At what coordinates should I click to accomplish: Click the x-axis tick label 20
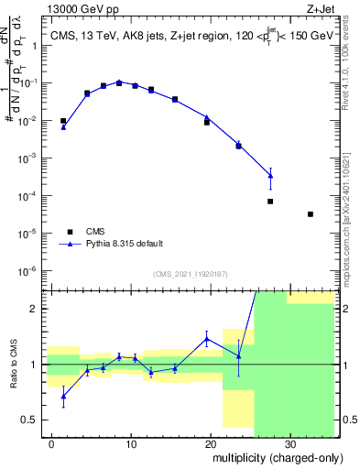(x=211, y=443)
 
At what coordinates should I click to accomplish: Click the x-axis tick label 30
(x=289, y=443)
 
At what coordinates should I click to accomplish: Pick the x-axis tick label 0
(x=52, y=443)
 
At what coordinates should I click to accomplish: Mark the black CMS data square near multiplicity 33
(x=311, y=214)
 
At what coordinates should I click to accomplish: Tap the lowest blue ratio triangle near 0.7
(x=63, y=396)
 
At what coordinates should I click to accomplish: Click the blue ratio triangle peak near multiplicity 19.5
(x=207, y=338)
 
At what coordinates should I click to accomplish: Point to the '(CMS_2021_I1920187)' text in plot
(x=189, y=274)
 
